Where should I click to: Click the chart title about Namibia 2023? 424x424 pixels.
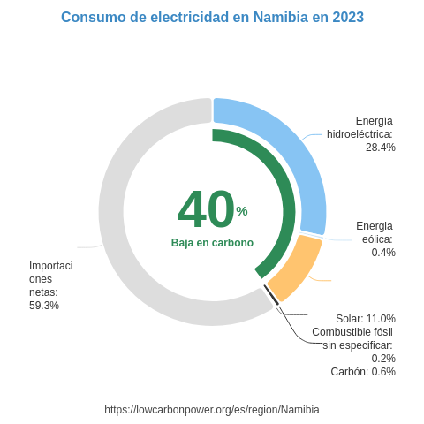click(x=212, y=18)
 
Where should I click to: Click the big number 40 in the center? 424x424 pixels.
click(x=206, y=210)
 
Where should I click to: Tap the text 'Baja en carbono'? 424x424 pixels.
click(x=212, y=243)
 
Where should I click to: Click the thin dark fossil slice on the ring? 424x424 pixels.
click(x=271, y=295)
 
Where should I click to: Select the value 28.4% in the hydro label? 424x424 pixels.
click(x=381, y=148)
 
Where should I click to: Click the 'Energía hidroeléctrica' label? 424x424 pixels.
click(x=360, y=127)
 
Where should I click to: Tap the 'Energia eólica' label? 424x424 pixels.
click(x=375, y=232)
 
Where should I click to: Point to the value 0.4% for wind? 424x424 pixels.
click(x=383, y=253)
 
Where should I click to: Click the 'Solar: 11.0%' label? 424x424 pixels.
click(x=365, y=319)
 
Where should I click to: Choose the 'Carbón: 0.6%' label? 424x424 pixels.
click(x=363, y=372)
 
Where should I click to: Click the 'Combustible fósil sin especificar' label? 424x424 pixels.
click(x=352, y=338)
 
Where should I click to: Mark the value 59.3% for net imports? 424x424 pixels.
click(x=44, y=306)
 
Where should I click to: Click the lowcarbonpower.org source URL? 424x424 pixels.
click(x=212, y=410)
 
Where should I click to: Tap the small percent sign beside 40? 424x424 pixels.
click(x=242, y=211)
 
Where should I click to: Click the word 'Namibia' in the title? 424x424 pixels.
click(x=281, y=18)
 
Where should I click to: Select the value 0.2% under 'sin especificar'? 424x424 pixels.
click(x=383, y=359)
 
